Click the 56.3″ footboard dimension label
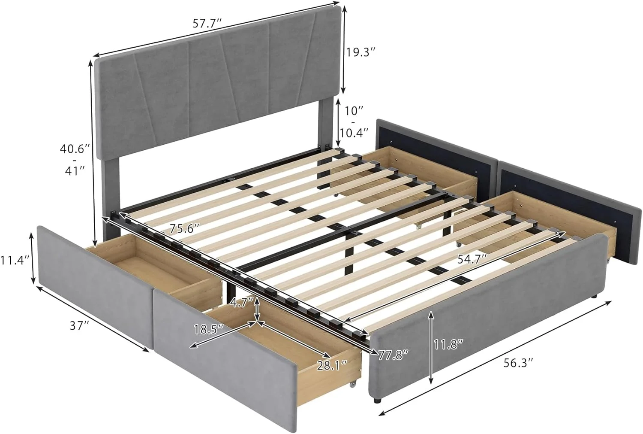520,363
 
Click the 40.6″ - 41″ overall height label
75,160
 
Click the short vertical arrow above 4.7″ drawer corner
257,308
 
